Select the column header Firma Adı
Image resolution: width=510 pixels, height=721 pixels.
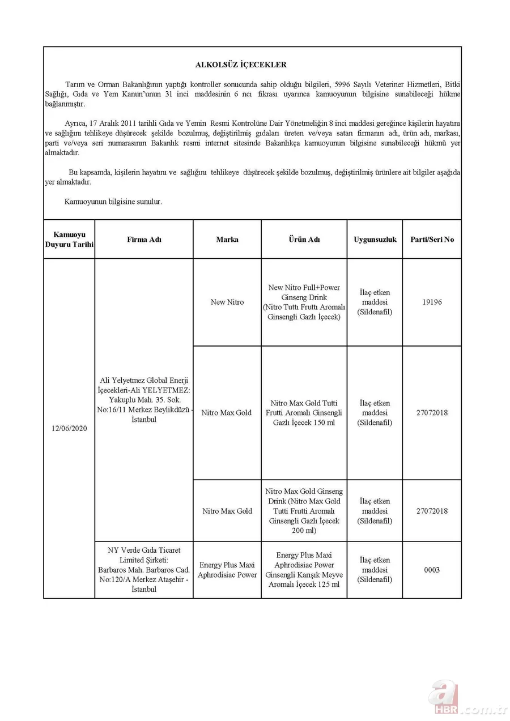(144, 240)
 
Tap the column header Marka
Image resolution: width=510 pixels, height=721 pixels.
(227, 240)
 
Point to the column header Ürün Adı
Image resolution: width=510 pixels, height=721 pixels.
(304, 240)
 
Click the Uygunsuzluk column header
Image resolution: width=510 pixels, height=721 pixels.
(375, 240)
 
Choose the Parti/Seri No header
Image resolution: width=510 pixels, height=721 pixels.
(432, 240)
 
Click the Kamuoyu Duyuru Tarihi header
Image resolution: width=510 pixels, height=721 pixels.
(69, 240)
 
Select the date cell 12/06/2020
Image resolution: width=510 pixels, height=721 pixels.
(69, 429)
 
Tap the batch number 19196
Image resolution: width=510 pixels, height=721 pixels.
(432, 302)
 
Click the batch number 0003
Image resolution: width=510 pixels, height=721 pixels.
(432, 570)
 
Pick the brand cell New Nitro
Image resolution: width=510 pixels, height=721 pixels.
(227, 302)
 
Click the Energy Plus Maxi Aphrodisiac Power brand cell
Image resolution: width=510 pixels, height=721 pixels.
(227, 570)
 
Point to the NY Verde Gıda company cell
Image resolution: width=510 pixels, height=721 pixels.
(144, 570)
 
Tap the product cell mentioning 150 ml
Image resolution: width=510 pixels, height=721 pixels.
(304, 413)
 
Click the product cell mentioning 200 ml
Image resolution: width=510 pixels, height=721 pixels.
(304, 511)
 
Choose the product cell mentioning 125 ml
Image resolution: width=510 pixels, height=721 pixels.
(304, 570)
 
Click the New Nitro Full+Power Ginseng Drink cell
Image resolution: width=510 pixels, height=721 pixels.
(304, 302)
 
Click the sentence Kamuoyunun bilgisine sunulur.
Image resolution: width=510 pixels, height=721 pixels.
(113, 201)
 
